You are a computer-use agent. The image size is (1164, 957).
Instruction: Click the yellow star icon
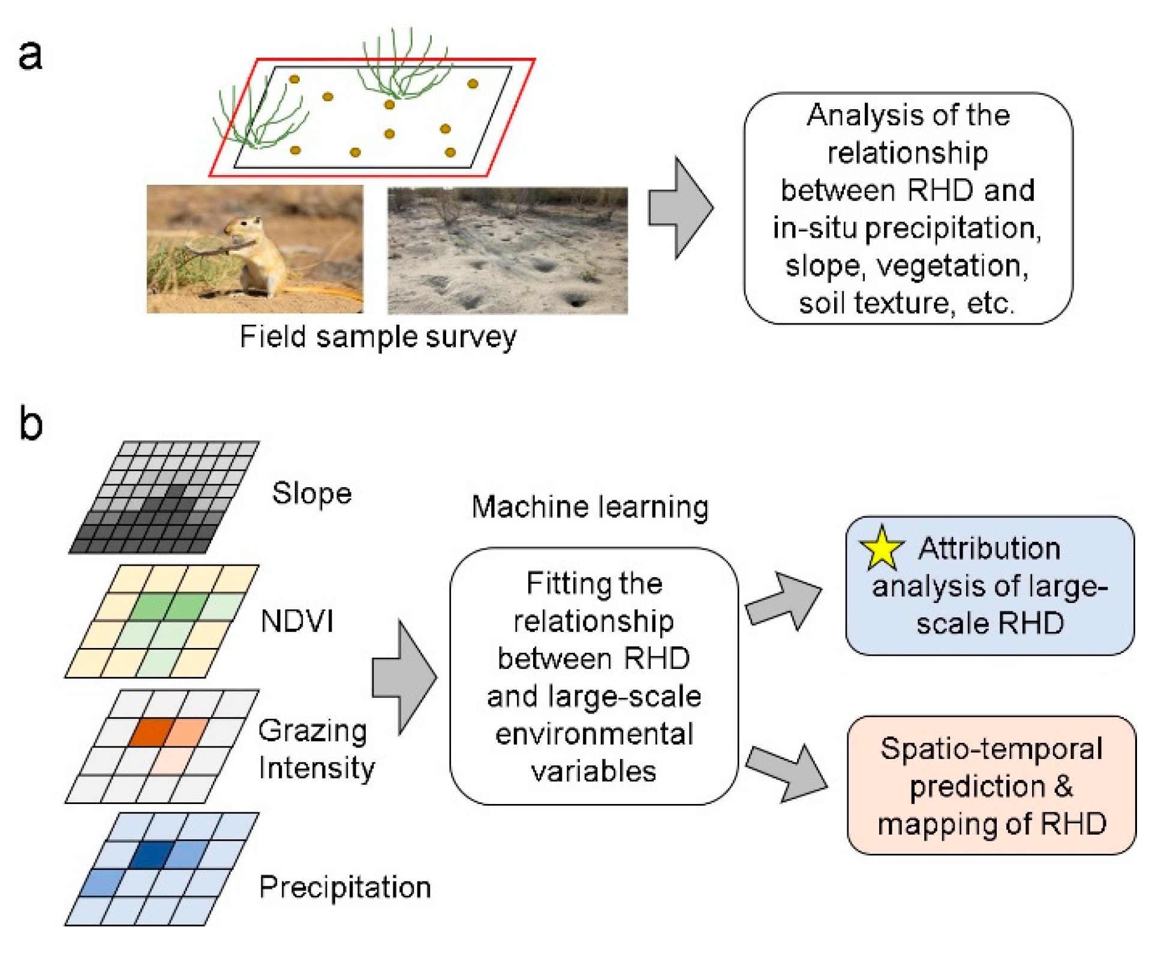(x=880, y=548)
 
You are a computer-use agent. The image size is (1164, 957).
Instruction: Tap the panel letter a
(x=30, y=55)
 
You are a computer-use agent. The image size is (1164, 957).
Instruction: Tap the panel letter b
(x=31, y=422)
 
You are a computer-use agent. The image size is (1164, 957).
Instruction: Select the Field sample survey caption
(x=378, y=337)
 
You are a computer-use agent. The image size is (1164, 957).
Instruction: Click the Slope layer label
(x=311, y=493)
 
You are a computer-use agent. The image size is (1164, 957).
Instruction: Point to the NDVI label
(x=297, y=620)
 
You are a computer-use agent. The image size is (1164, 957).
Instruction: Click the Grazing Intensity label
(x=316, y=749)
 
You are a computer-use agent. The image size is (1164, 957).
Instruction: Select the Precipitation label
(x=345, y=887)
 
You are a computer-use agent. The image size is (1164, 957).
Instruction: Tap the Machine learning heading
(x=590, y=507)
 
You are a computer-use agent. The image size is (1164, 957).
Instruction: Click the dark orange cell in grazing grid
(x=152, y=733)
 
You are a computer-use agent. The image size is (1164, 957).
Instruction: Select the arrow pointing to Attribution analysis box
(x=784, y=601)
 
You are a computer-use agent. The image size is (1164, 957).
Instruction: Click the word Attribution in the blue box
(x=989, y=548)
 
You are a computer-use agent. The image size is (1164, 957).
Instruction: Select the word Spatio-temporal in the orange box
(x=991, y=749)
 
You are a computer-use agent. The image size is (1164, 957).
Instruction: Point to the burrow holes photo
(x=507, y=250)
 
